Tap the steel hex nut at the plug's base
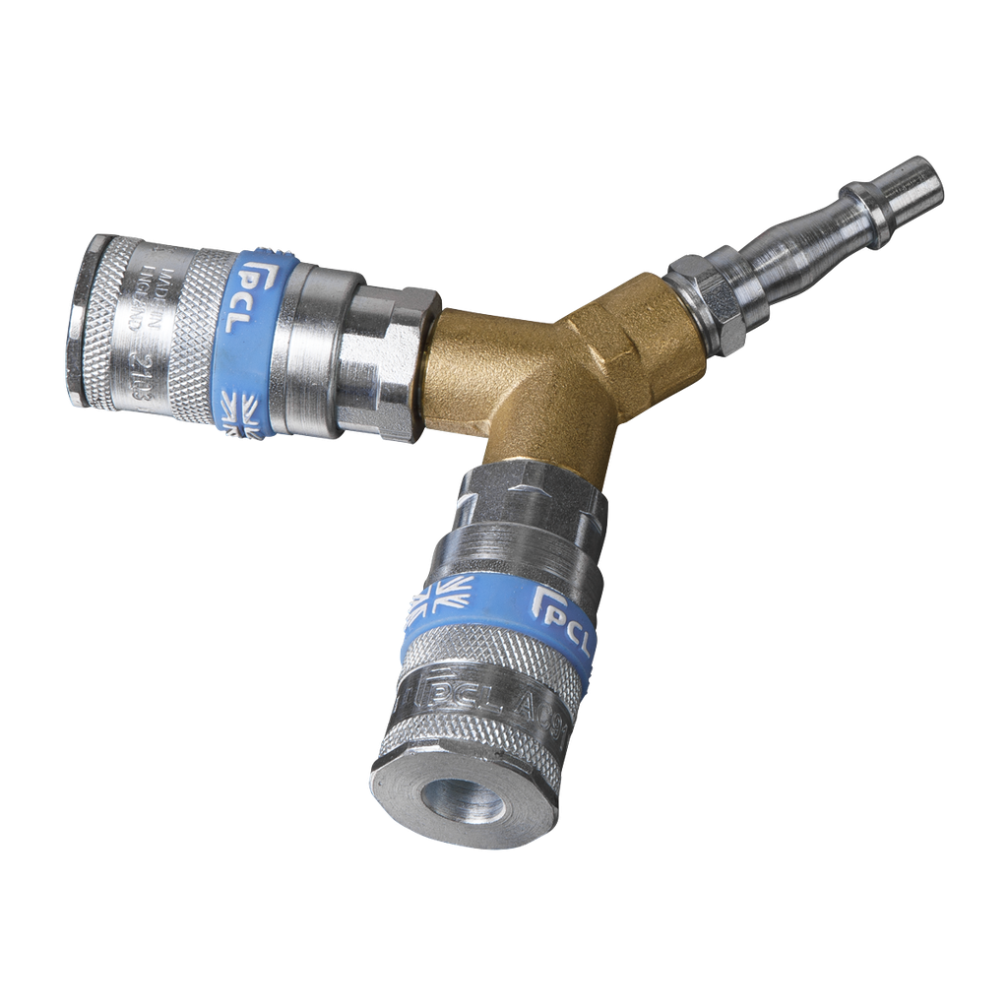704,299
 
